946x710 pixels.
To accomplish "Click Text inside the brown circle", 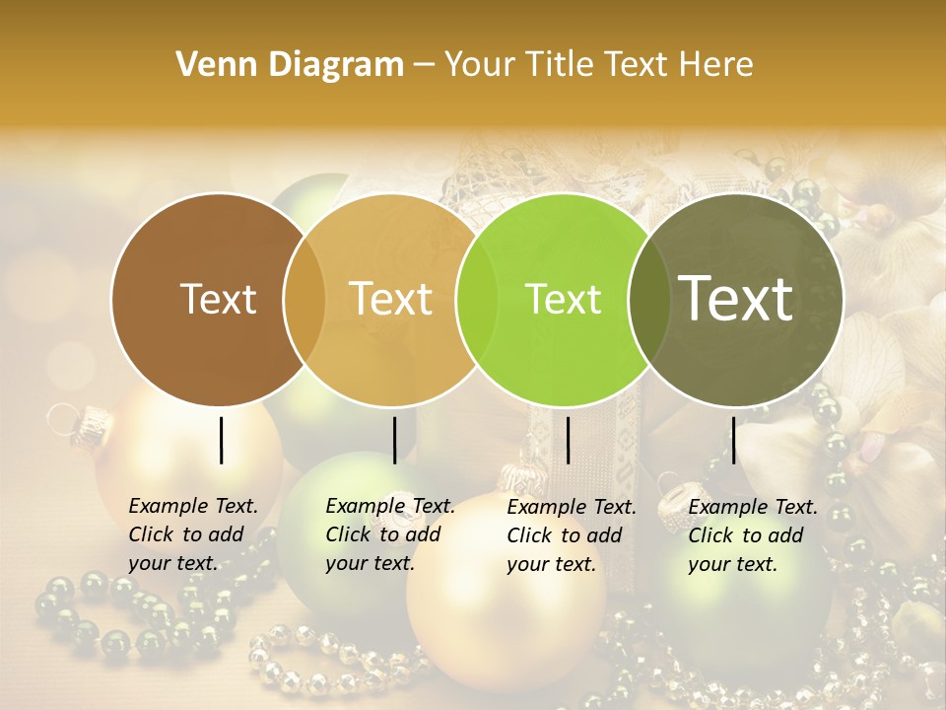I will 218,299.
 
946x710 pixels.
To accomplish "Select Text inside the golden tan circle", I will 391,299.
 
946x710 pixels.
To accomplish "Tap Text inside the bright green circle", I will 563,299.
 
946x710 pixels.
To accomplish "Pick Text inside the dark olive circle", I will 736,298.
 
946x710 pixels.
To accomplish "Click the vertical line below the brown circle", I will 221,440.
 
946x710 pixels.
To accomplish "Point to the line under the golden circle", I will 394,440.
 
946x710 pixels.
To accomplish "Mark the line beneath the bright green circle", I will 568,440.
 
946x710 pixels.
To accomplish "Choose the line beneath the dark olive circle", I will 733,440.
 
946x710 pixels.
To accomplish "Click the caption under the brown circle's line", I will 193,534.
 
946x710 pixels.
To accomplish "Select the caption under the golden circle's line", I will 390,534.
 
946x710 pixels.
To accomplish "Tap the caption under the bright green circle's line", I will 572,534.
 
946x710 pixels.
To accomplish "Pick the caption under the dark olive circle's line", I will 753,534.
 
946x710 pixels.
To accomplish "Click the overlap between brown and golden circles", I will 304,299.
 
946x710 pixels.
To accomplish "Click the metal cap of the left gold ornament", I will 91,423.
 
